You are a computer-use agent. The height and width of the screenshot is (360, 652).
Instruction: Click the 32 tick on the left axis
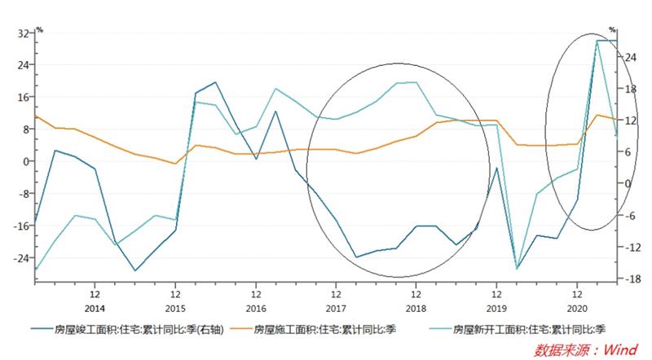pyautogui.click(x=22, y=33)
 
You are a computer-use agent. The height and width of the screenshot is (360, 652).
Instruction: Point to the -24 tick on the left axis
pyautogui.click(x=20, y=257)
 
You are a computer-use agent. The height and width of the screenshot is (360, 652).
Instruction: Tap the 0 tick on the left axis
pyautogui.click(x=24, y=161)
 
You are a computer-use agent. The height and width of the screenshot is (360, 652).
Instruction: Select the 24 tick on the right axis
pyautogui.click(x=631, y=58)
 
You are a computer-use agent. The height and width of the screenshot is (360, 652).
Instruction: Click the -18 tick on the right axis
pyautogui.click(x=630, y=279)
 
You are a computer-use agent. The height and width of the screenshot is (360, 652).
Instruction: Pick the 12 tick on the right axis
pyautogui.click(x=631, y=121)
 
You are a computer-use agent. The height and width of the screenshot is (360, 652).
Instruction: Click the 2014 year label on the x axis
pyautogui.click(x=95, y=309)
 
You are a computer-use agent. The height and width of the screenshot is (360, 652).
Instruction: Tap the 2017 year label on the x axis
pyautogui.click(x=336, y=309)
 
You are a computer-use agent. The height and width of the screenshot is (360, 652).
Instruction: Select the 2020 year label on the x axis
pyautogui.click(x=577, y=309)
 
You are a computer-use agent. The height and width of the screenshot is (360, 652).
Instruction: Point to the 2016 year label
pyautogui.click(x=256, y=309)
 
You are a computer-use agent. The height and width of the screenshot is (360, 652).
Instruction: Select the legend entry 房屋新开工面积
pyautogui.click(x=522, y=330)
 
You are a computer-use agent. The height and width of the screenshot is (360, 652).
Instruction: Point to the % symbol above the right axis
pyautogui.click(x=612, y=30)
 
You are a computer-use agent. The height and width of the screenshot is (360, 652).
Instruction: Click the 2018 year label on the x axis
pyautogui.click(x=416, y=309)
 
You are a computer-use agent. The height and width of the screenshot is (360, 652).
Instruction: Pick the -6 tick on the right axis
pyautogui.click(x=630, y=216)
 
